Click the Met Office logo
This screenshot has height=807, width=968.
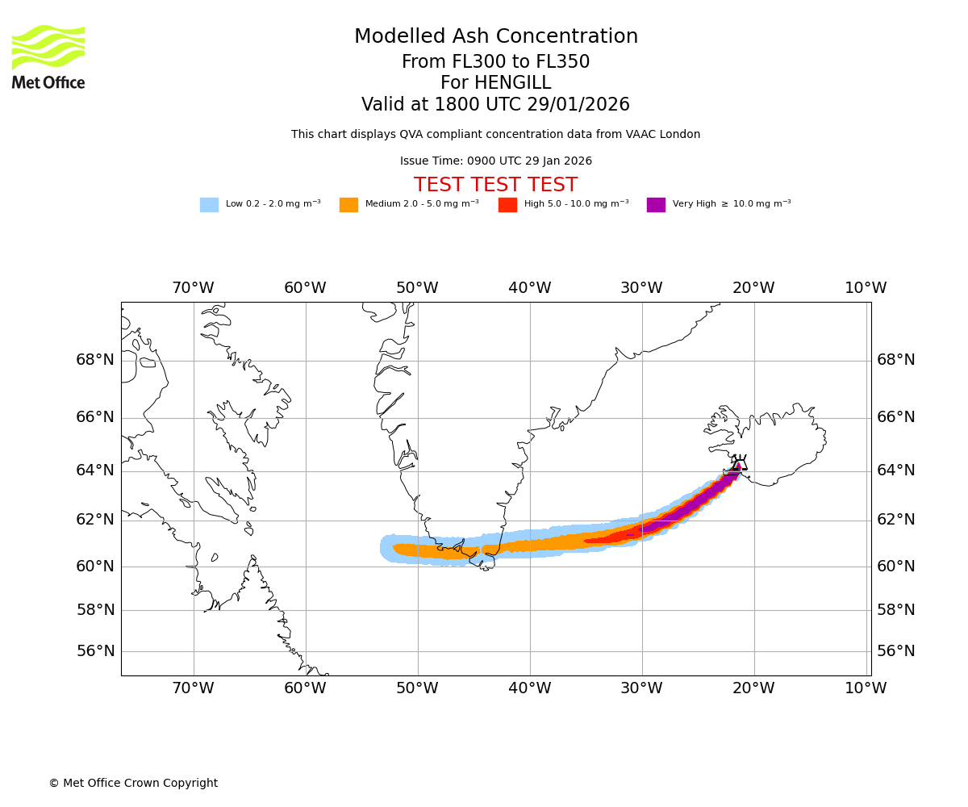click(48, 56)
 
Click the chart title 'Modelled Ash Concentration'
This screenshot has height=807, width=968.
click(496, 37)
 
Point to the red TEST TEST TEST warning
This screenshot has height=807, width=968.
click(495, 185)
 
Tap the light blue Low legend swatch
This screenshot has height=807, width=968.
click(209, 205)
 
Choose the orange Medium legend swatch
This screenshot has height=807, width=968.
click(348, 205)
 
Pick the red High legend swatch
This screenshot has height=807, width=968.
click(507, 205)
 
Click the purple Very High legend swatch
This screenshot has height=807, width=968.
click(656, 205)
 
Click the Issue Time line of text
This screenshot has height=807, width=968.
click(495, 161)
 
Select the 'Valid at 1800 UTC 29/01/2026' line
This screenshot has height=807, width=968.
click(495, 105)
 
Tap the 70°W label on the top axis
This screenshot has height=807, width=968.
click(193, 288)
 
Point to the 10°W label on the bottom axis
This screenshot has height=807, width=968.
click(866, 688)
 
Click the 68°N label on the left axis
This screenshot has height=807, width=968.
click(95, 360)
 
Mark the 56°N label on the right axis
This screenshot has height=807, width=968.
click(896, 651)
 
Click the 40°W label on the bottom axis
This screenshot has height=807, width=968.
click(530, 688)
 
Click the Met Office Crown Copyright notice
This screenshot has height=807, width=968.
click(133, 783)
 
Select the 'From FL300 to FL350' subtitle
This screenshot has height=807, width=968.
click(495, 62)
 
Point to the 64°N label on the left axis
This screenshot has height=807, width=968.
click(95, 470)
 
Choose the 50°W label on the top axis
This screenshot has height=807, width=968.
click(417, 288)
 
